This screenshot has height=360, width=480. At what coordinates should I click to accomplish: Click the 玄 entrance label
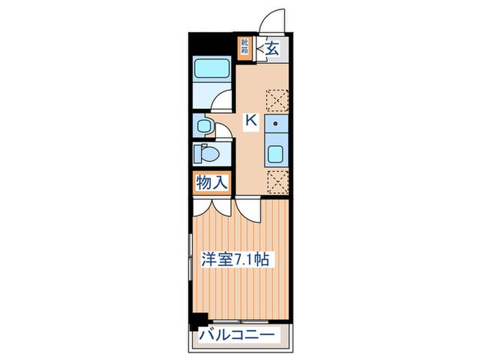[x=272, y=49]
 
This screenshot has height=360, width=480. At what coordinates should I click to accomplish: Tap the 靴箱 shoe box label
[x=244, y=47]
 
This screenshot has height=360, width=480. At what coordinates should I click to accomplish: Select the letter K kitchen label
[x=252, y=120]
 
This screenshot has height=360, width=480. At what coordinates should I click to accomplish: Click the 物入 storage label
[x=212, y=183]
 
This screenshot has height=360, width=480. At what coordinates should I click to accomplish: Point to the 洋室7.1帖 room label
[x=235, y=259]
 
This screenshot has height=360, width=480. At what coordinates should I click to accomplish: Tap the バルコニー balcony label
[x=237, y=335]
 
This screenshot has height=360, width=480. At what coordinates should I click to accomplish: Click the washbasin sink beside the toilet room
[x=204, y=125]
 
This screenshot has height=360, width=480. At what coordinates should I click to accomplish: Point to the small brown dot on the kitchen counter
[x=275, y=123]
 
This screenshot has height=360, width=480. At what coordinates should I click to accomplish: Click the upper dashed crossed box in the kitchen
[x=277, y=100]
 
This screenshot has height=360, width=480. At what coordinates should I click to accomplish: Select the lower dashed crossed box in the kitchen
[x=278, y=182]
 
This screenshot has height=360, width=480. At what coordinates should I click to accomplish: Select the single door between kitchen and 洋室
[x=248, y=211]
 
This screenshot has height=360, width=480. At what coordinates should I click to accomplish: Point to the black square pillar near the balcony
[x=199, y=321]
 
